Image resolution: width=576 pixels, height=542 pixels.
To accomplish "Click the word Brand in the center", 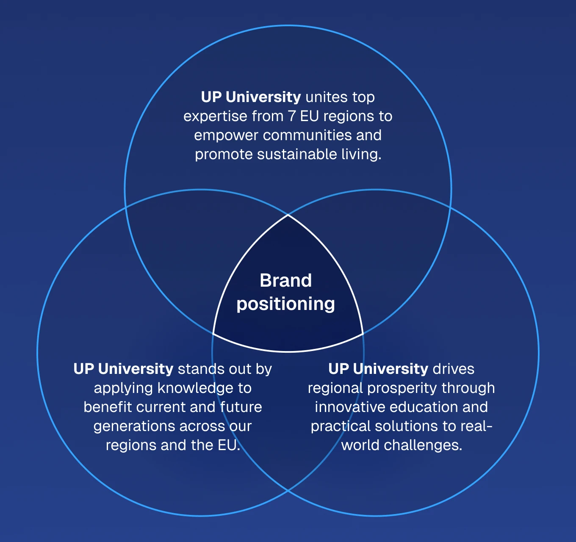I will click(x=285, y=281).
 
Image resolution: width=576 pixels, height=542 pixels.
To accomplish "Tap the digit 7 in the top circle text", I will click(x=292, y=116).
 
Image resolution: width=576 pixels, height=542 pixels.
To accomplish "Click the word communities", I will click(x=307, y=135).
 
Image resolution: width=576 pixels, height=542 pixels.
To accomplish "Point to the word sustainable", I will click(x=297, y=154).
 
